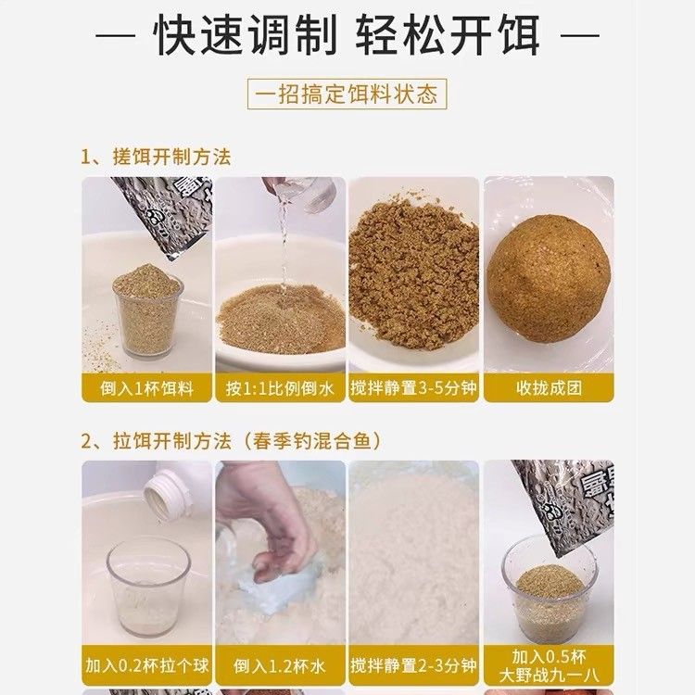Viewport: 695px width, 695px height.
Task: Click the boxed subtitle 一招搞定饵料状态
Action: coord(347,94)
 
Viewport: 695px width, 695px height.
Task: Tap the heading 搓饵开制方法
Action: coord(171,158)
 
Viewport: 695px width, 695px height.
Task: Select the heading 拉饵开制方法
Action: coord(171,441)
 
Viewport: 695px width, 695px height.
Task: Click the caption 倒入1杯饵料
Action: coord(146,388)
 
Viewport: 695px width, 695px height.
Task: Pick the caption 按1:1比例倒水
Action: coord(280,388)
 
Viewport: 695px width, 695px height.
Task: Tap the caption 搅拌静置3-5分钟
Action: coord(413,388)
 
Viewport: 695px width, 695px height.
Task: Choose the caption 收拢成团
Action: coord(549,388)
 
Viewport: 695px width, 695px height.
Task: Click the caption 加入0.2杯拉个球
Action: coord(146,665)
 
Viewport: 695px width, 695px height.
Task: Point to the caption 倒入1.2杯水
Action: coord(280,666)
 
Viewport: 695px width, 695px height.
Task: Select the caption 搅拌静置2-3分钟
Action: coord(413,665)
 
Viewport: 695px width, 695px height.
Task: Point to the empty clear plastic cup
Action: coord(147,588)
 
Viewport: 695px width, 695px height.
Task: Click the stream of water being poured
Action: coord(283,248)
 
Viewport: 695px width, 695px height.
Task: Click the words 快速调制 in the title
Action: coord(246,35)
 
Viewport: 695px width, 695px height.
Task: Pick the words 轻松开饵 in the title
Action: coord(449,35)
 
